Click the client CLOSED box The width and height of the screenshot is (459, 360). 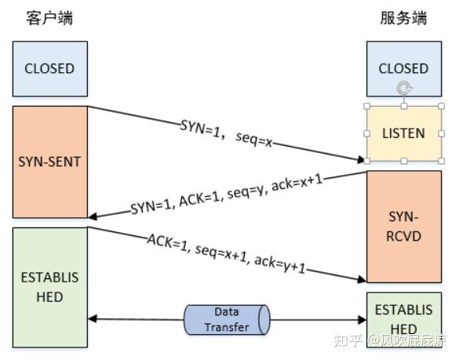point(49,68)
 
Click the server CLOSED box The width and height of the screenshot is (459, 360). point(403,68)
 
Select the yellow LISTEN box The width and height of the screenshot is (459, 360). point(403,133)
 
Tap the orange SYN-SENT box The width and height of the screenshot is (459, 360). point(49,162)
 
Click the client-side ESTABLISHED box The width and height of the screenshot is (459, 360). point(49,287)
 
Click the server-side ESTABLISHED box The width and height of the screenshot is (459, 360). point(403,318)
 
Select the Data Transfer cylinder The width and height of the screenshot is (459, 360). point(227,319)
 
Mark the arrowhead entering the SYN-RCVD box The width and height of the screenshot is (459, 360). point(360,278)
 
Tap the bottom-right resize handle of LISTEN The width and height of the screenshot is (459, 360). point(442,161)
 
